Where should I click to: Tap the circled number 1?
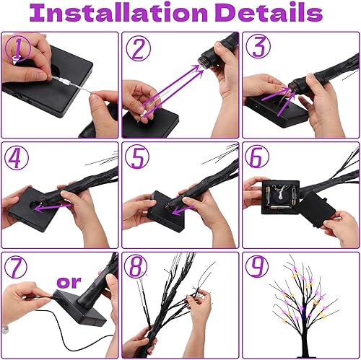pyautogui.click(x=17, y=49)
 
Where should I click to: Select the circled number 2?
pyautogui.click(x=139, y=49)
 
